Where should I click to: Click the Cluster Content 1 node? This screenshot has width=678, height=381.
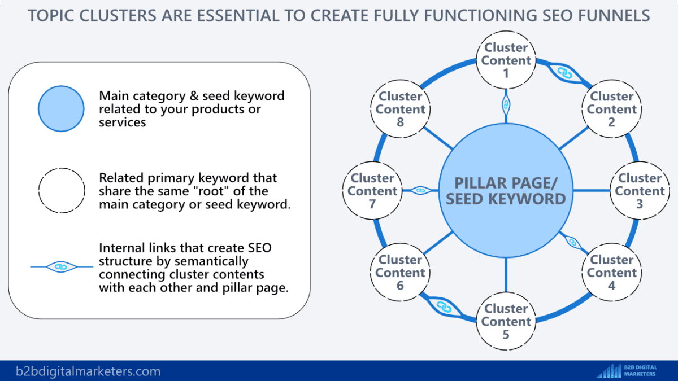tap(506, 60)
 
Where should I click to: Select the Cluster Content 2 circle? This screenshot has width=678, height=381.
tap(611, 109)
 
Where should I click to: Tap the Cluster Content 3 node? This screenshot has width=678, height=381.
tap(639, 191)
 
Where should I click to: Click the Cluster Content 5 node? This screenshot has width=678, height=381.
tap(506, 321)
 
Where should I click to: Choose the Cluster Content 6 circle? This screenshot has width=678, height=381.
tap(400, 273)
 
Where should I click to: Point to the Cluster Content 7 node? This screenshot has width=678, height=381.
tap(372, 191)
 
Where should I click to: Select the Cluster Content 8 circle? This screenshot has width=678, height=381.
tap(400, 109)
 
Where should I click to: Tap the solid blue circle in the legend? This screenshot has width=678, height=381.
tap(61, 109)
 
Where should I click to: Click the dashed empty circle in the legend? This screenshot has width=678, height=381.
tap(61, 191)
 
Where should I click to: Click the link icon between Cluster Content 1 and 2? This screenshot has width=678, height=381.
tap(562, 72)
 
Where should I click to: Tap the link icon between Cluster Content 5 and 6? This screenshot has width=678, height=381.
tap(444, 307)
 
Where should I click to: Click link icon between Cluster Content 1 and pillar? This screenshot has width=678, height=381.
tap(506, 104)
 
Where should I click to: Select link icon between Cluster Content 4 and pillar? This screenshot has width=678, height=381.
tap(572, 242)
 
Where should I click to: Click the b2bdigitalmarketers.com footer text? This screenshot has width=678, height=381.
tap(88, 371)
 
